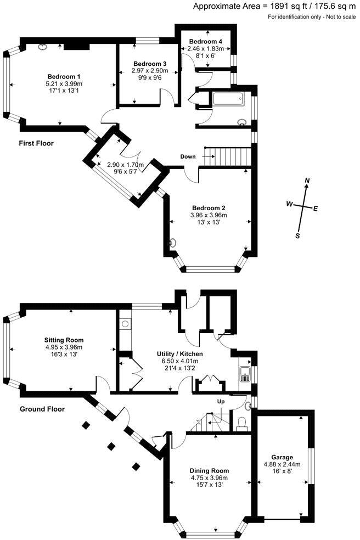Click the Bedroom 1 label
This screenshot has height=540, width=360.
[x=64, y=76]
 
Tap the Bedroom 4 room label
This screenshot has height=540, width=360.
[x=205, y=42]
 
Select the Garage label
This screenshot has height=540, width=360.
[x=282, y=457]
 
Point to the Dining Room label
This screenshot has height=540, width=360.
[x=209, y=471]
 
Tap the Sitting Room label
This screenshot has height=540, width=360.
[x=64, y=340]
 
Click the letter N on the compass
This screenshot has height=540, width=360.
[x=307, y=181]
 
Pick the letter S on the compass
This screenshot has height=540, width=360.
[x=297, y=235]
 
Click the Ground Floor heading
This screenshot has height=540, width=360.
[x=42, y=409]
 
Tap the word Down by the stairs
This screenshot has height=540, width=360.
[x=188, y=157]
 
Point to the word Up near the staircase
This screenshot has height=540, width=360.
[x=222, y=402]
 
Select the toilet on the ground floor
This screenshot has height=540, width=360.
[x=240, y=423]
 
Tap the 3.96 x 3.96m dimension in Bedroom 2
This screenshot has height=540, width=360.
[x=209, y=215]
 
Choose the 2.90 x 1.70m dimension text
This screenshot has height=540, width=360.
[x=125, y=165]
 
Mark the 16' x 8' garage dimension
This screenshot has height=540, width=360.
[x=282, y=471]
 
